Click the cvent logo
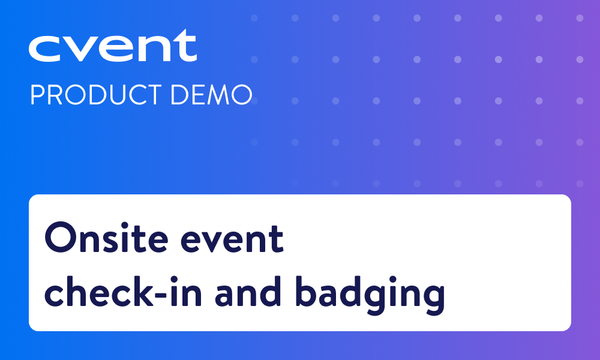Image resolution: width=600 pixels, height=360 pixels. coord(113,46)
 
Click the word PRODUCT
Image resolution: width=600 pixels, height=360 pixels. coord(96,95)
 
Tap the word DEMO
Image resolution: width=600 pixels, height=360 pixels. coord(211,95)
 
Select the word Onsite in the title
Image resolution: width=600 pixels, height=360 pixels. coord(106,238)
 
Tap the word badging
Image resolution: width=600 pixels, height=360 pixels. coord(370,295)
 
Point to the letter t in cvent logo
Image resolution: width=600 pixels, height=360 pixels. coord(185,46)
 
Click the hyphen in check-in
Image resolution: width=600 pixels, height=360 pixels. coord(160,295)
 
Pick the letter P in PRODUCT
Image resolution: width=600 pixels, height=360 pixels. coord(38,95)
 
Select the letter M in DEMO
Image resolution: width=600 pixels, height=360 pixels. coord(219,95)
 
